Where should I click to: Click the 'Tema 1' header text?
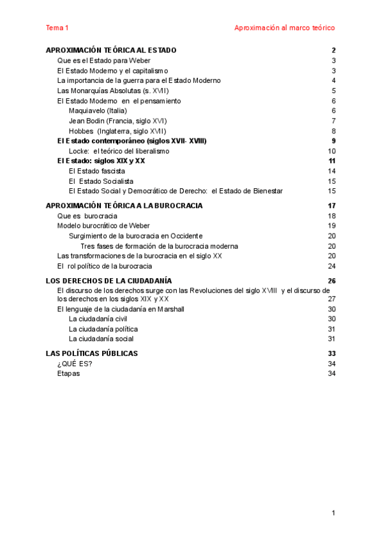tap(57, 27)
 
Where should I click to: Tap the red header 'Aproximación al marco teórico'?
tap(284, 27)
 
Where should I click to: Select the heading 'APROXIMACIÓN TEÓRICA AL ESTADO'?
tap(111, 50)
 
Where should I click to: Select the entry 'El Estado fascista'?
tap(96, 171)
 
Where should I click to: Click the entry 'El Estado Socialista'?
tap(101, 181)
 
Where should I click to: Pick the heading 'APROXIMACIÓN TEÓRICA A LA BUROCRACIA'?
tap(124, 206)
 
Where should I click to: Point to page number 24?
tap(331, 266)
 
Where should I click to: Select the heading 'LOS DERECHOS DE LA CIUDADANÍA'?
tap(109, 281)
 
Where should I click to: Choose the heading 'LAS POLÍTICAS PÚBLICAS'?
tap(92, 353)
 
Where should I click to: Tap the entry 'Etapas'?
tap(68, 374)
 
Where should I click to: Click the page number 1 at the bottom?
tap(333, 514)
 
